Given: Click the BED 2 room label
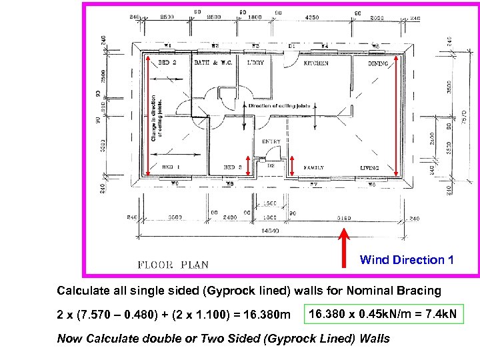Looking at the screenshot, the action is point(165,63).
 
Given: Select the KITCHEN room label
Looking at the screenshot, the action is point(316,63).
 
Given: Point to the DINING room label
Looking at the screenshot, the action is point(379,64).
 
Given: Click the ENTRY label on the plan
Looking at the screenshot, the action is point(271,141).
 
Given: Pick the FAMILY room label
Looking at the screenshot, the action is point(314,167).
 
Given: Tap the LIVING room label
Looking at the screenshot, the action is point(369,168).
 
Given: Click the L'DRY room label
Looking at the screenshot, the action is point(255,63).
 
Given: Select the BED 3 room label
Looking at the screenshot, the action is point(232,167).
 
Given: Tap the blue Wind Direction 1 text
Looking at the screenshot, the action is point(407,260).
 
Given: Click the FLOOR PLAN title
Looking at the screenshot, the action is point(173,265).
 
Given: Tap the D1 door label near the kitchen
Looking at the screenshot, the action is point(292,46).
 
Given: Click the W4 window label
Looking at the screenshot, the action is point(325,46).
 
